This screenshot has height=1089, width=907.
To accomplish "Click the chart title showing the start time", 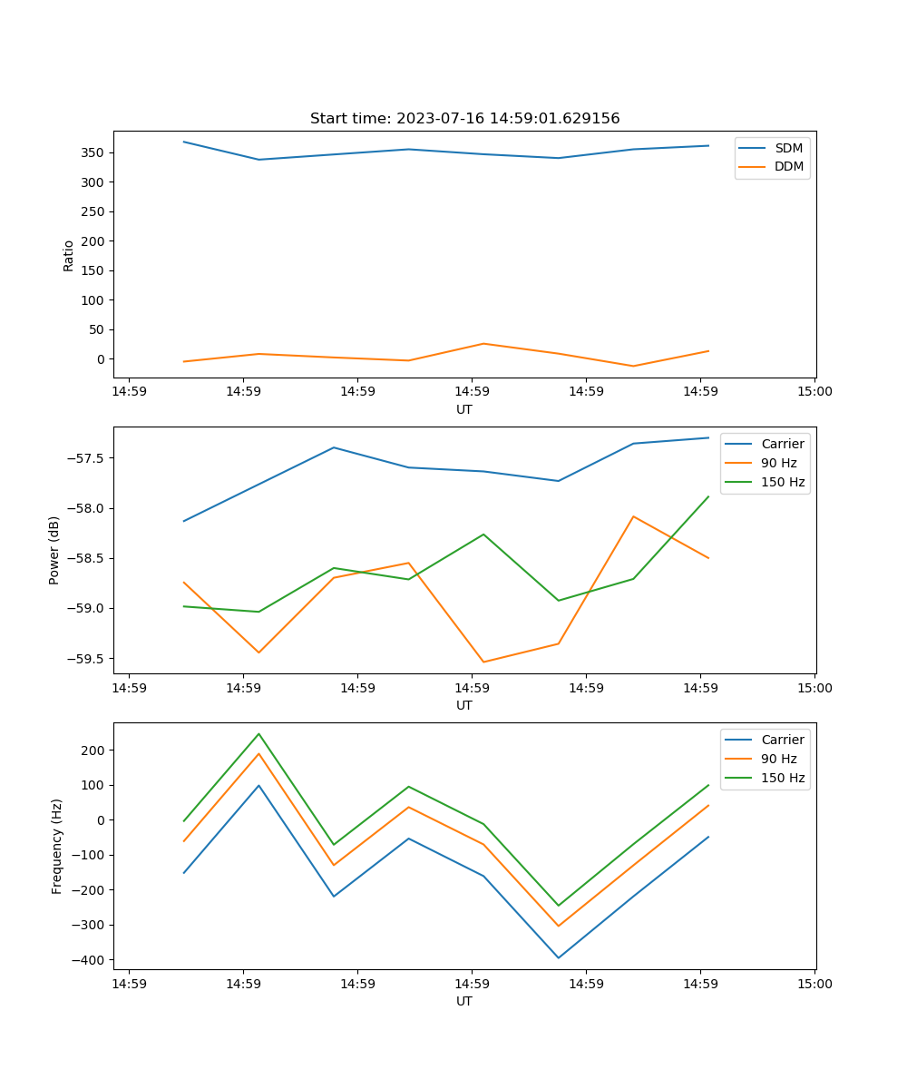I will coord(464,119).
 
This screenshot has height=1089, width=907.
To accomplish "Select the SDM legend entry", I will coord(788,148).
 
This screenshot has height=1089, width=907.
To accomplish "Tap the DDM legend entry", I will coord(788,166).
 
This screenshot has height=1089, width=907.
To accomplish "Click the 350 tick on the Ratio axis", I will coord(93,152).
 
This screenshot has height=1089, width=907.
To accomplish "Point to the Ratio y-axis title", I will coord(69,255).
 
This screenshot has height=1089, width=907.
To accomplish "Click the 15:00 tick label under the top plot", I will coord(814,392).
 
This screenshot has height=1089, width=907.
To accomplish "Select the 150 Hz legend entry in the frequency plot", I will coord(783,778).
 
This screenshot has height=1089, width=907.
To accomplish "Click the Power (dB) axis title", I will coord(54,550).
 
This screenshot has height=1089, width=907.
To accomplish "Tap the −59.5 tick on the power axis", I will coord(86,659).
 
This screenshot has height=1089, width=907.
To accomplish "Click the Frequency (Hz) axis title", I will coord(56,846).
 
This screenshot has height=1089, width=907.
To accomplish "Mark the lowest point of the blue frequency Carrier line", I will coord(559,957).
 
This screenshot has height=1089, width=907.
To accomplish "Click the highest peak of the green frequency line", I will coord(258,733).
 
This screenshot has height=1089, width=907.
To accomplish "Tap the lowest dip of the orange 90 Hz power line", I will coord(483,662).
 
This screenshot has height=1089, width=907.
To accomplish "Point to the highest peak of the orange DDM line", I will coord(483,343).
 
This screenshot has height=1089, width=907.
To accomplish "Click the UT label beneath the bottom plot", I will coord(464,1001).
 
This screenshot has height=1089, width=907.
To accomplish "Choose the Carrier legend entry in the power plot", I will coord(782,444).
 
